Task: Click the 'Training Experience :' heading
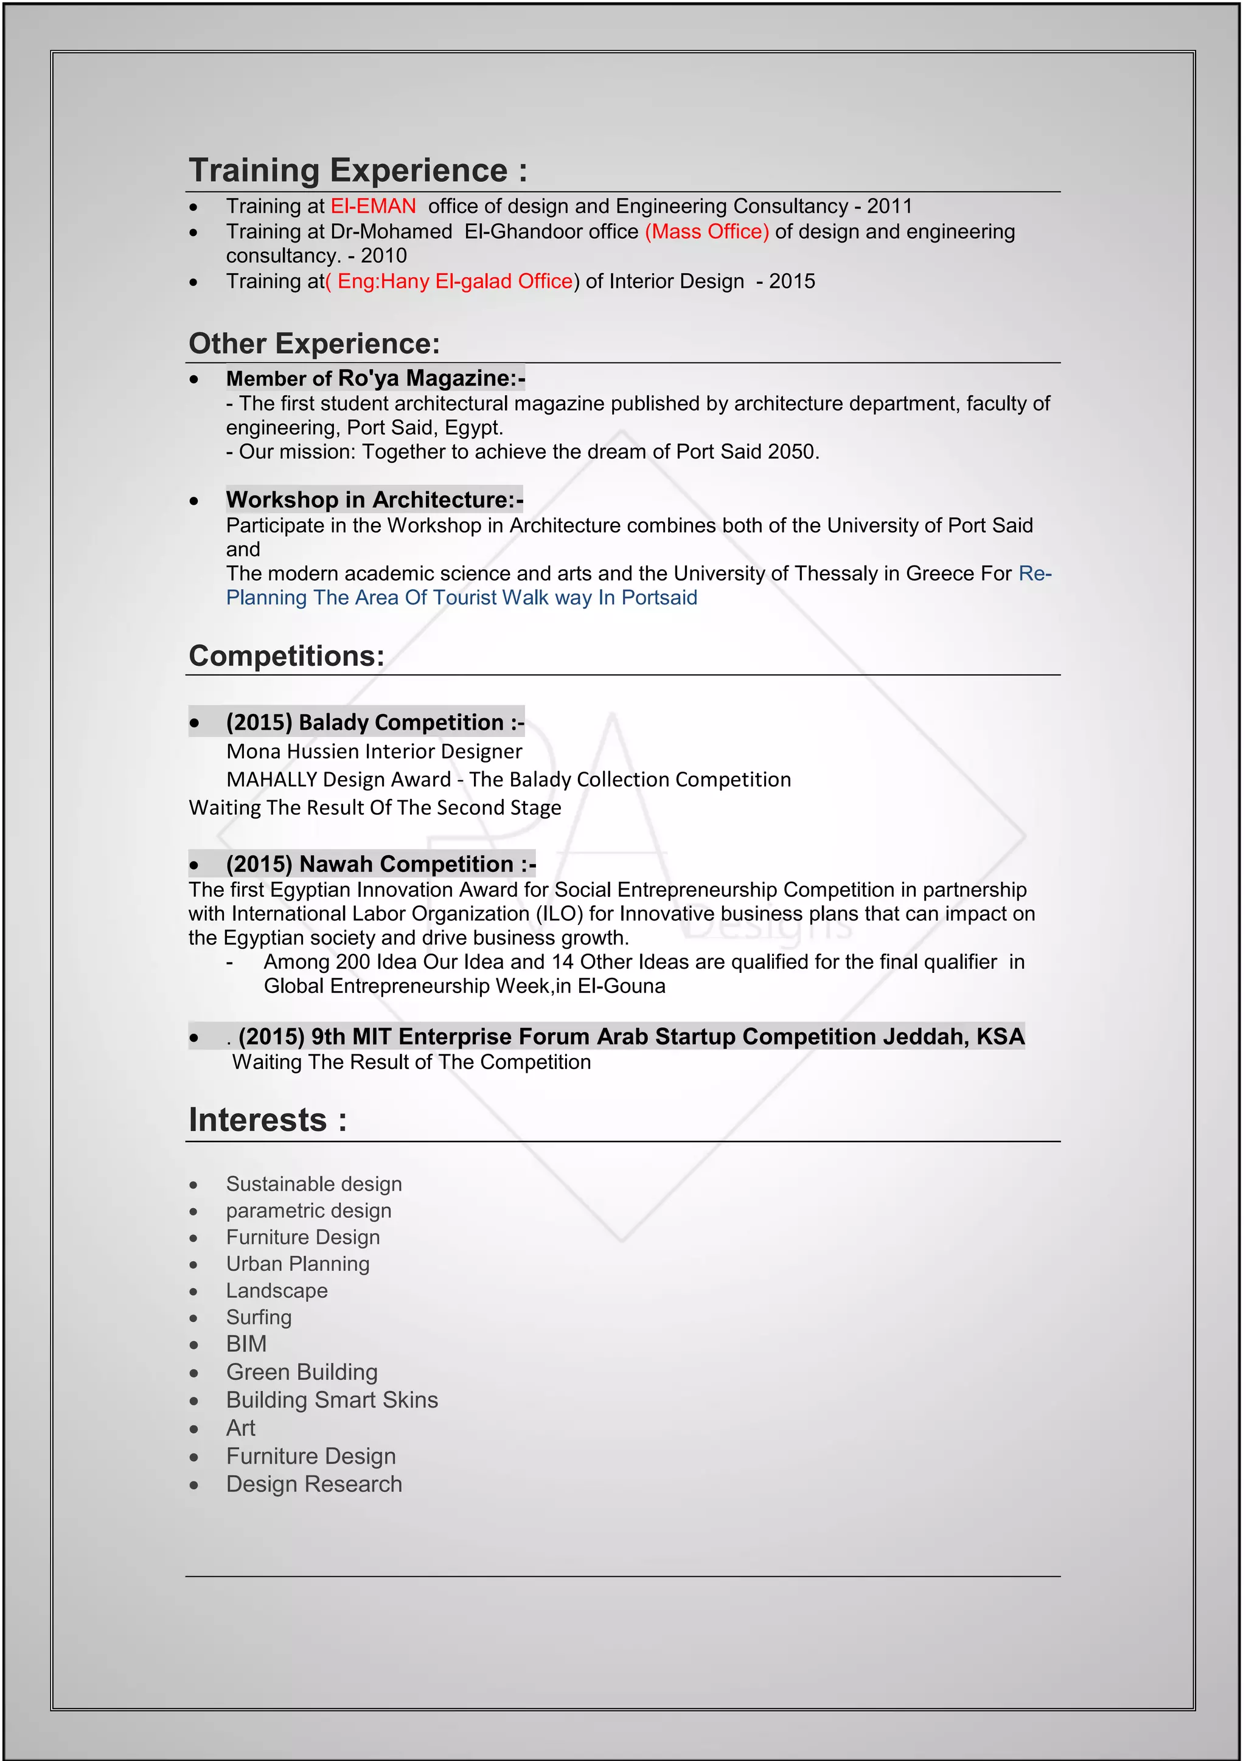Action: point(358,170)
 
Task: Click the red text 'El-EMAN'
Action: point(373,206)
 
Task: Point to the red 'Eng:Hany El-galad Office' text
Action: point(454,282)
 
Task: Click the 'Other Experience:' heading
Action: point(314,344)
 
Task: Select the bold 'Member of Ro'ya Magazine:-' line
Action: point(375,378)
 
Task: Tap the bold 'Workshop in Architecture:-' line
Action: point(374,500)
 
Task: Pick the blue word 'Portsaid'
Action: point(659,598)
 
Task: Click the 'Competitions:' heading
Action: point(286,656)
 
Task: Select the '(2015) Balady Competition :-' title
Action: point(375,722)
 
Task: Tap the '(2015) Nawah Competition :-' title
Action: point(380,865)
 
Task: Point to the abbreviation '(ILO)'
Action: point(559,914)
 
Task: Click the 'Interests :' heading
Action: point(267,1121)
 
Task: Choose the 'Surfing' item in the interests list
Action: point(259,1318)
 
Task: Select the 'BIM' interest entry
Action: point(246,1344)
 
